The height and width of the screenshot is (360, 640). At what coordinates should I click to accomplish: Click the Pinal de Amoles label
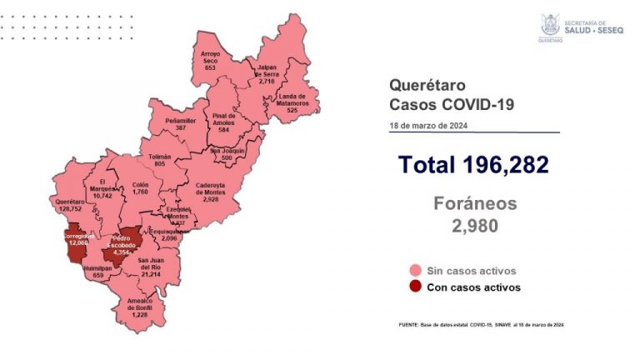coord(224,121)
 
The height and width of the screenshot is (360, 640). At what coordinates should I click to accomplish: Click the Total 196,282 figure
coord(472,165)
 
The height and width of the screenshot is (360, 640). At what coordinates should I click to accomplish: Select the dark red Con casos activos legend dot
coord(414,287)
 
